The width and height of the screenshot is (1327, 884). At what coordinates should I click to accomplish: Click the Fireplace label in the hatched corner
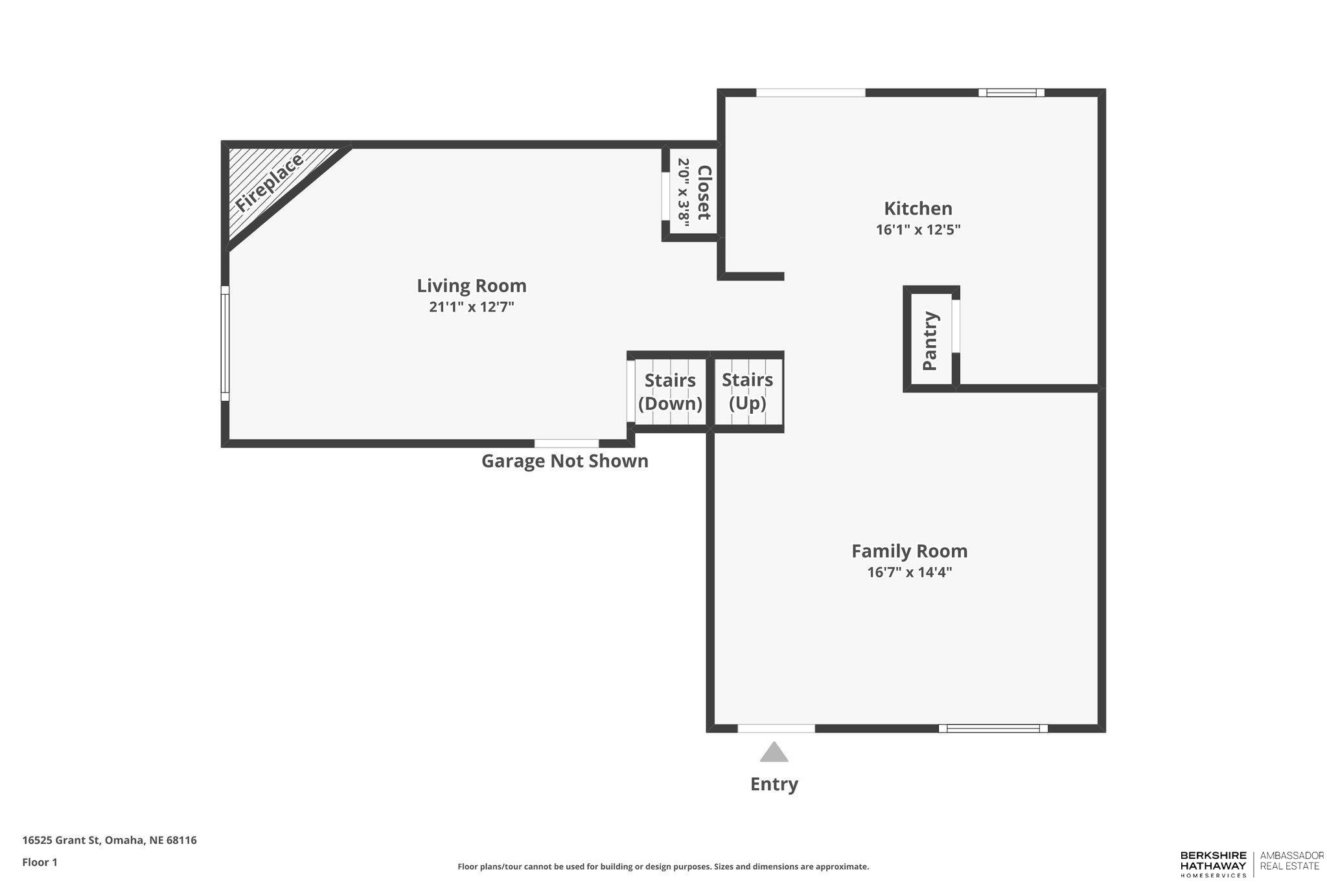269,183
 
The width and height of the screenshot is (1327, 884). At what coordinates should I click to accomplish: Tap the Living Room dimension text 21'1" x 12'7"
471,307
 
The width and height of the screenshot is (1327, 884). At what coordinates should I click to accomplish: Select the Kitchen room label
918,209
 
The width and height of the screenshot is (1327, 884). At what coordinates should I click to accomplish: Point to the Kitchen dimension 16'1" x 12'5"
918,230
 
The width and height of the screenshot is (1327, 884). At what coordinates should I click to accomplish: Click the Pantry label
930,341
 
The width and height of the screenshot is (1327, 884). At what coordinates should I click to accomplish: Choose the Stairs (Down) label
670,392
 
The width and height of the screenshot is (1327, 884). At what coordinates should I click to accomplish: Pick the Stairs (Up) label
747,392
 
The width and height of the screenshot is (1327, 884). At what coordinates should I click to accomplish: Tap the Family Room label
909,551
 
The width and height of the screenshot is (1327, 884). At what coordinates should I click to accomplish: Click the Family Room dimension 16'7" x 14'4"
909,572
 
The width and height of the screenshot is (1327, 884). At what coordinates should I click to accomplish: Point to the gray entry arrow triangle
774,753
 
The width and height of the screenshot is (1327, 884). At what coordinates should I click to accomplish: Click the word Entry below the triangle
774,784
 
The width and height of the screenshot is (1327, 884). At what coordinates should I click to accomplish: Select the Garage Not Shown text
564,461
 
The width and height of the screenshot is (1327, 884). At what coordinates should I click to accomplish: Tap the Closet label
704,192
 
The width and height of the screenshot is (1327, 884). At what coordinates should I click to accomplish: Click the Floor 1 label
40,862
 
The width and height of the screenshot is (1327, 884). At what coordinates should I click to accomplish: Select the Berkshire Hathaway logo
1213,864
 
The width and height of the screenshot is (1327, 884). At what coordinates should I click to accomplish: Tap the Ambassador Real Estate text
1291,860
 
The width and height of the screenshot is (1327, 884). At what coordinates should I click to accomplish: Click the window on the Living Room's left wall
225,343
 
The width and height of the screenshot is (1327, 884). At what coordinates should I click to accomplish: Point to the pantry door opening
956,326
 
